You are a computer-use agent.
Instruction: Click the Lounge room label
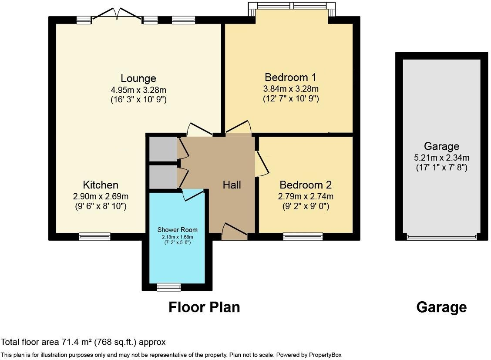tap(138, 78)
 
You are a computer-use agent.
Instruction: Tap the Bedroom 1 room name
tap(290, 77)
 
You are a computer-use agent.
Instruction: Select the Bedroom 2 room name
tap(303, 185)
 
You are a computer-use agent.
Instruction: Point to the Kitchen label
tap(101, 185)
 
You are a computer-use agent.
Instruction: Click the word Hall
tap(232, 185)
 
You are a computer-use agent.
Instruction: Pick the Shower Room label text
tap(177, 230)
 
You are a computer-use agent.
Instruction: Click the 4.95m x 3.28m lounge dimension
tap(138, 90)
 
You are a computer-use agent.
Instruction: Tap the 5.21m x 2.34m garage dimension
tap(441, 158)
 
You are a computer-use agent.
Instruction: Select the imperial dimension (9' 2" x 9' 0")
tap(303, 206)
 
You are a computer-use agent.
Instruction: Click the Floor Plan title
tap(204, 307)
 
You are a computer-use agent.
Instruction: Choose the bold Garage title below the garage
tap(441, 307)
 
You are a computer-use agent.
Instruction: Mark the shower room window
tap(168, 287)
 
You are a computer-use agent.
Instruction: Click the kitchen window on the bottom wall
tap(94, 237)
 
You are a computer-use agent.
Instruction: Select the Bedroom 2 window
tap(303, 237)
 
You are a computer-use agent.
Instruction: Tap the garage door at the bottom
tap(441, 238)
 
